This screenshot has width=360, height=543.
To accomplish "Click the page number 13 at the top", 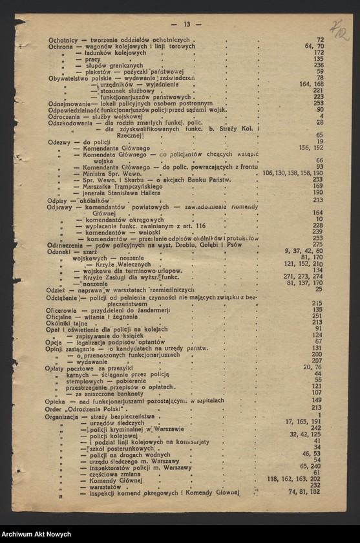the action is click(x=186, y=24).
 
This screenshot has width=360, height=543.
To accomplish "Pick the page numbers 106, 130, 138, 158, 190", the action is click(x=293, y=173).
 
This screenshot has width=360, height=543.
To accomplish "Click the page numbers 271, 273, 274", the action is click(x=303, y=276).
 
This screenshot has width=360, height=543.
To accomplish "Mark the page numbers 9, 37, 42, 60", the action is click(x=303, y=251).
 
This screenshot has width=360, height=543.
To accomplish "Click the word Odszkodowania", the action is click(x=70, y=122).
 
